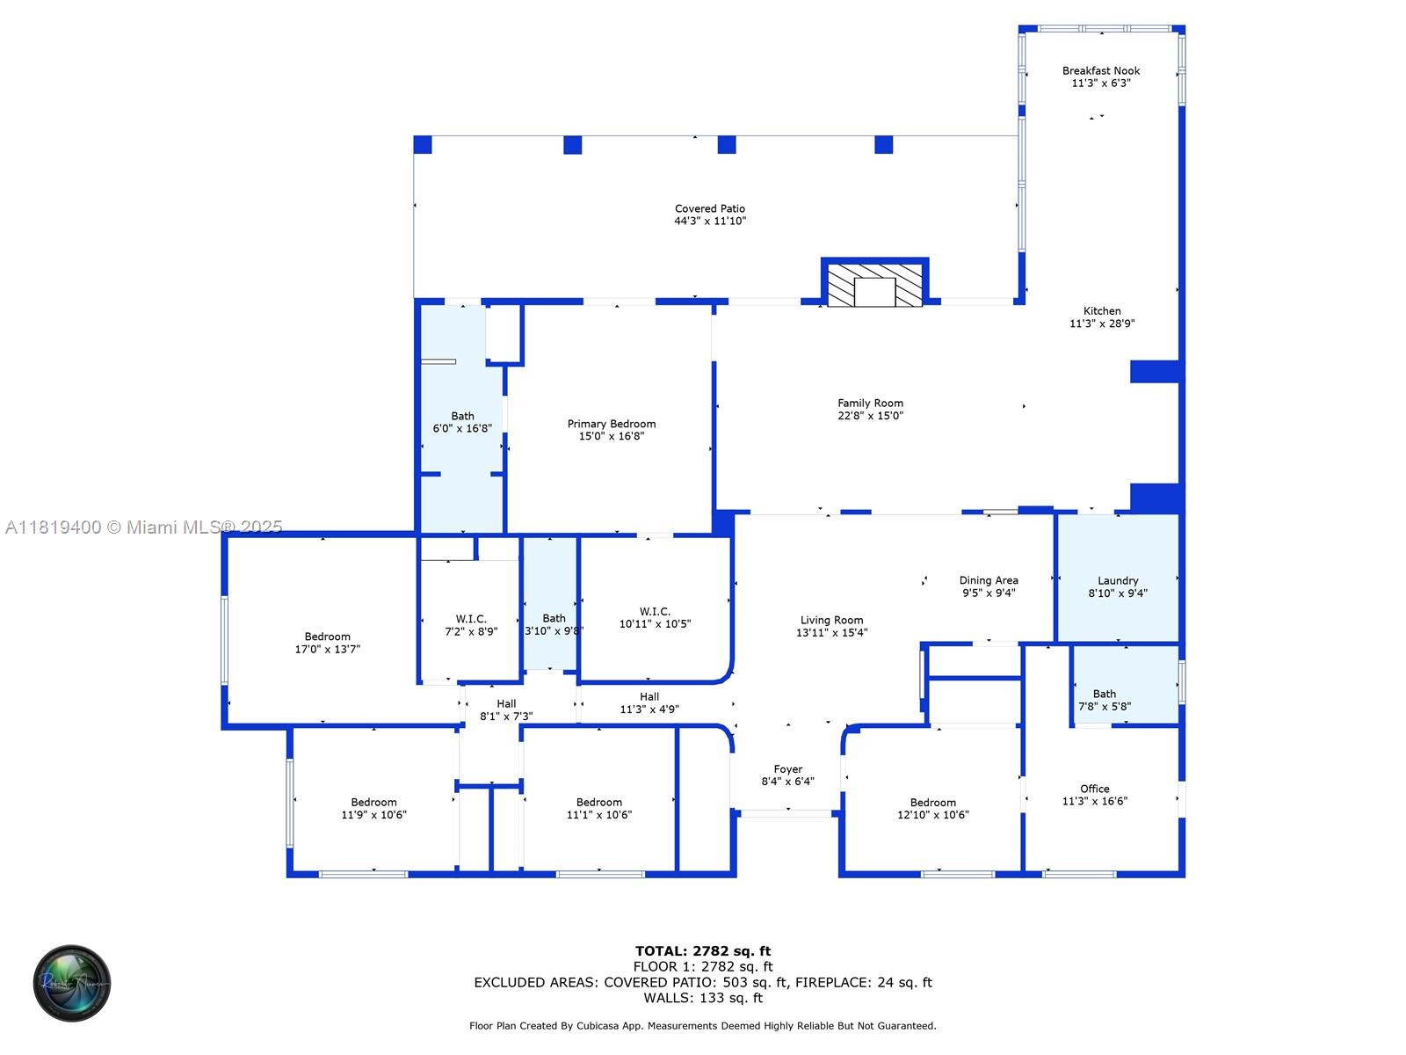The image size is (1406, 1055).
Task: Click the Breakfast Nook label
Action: point(1100,71)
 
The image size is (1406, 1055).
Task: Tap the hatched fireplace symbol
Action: point(874,285)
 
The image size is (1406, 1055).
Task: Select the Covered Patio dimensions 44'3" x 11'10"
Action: point(710,221)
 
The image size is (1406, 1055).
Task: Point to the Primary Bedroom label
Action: point(611,424)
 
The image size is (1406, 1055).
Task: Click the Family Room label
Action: point(870,404)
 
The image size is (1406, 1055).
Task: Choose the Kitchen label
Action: point(1102,311)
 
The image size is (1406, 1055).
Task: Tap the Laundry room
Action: point(1117,578)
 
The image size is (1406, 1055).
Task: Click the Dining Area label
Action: point(989,580)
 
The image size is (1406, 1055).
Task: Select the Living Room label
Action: point(831,620)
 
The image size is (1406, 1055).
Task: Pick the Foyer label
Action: point(788,769)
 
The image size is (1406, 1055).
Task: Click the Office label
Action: point(1094,789)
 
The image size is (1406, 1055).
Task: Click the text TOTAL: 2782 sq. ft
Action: point(703,951)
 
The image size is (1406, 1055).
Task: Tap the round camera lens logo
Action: point(72,983)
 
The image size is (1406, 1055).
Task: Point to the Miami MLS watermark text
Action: point(143,527)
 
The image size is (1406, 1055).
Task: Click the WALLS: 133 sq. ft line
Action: point(703,998)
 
